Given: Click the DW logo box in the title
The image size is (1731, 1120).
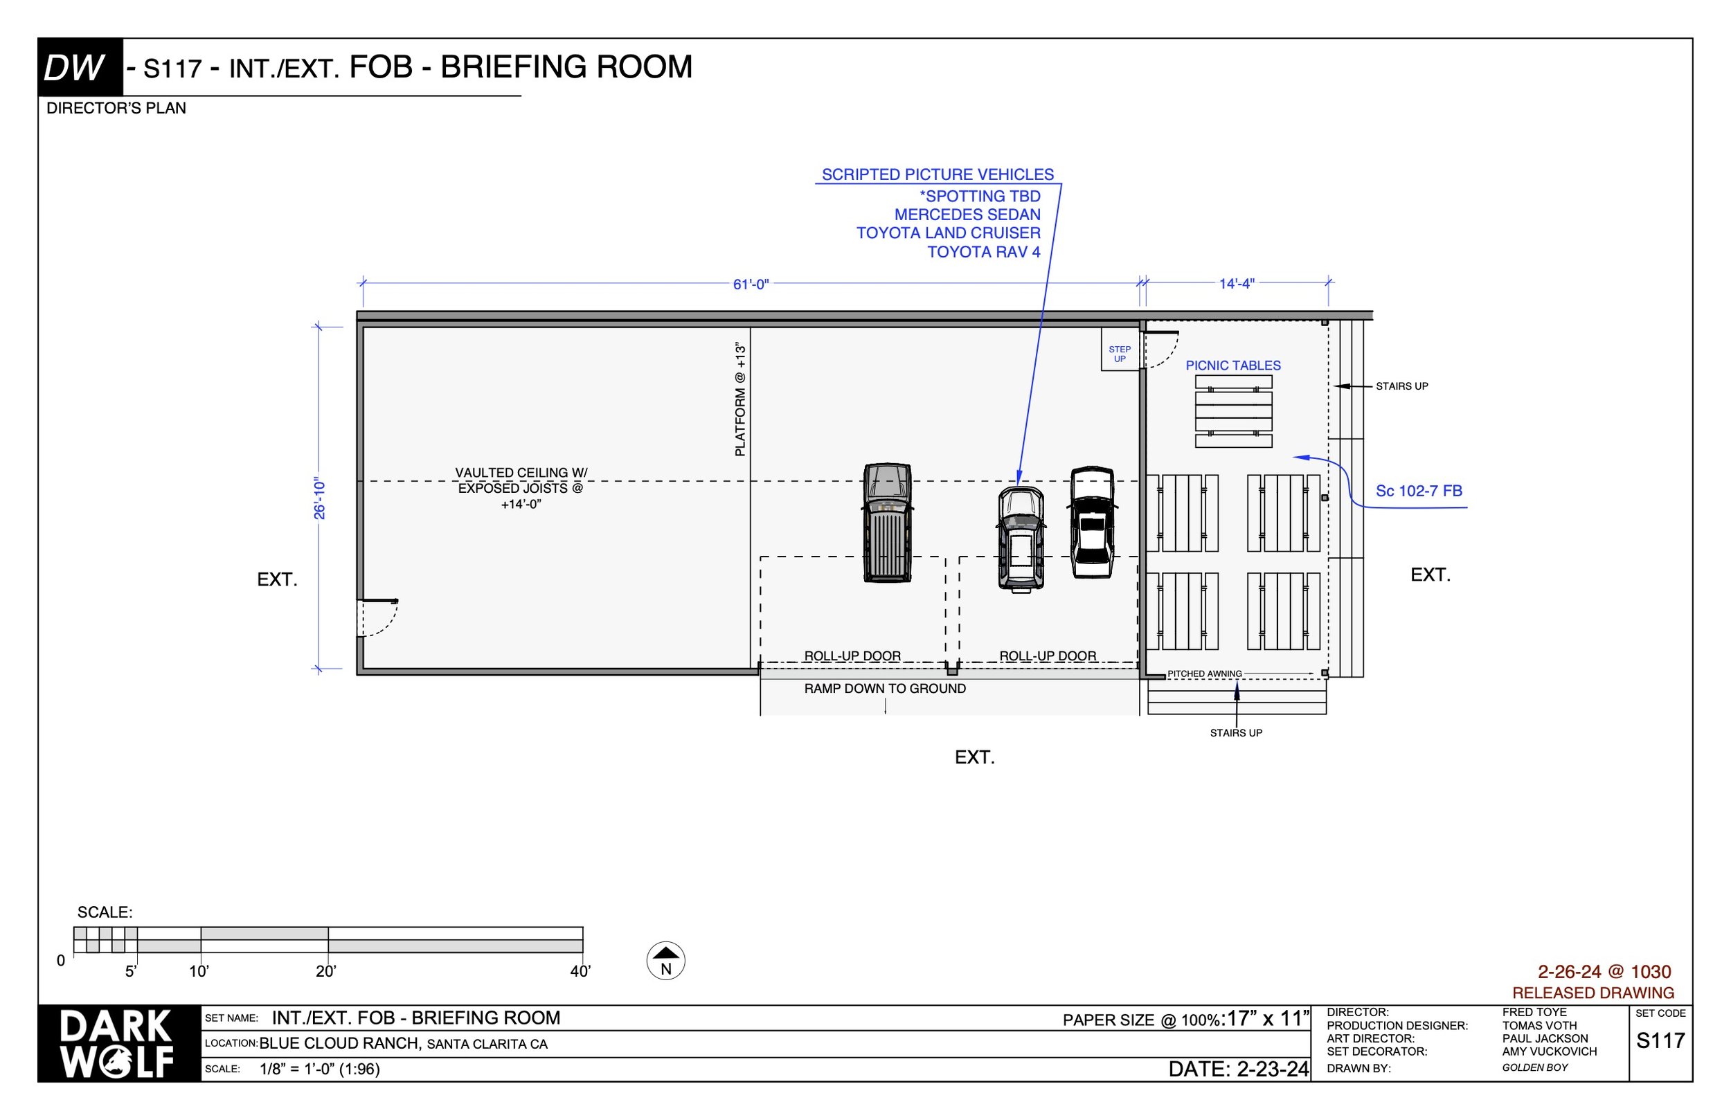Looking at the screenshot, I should [80, 68].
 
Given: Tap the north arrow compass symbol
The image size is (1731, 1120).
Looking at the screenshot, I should [665, 961].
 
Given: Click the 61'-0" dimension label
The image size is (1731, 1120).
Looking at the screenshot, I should [751, 284].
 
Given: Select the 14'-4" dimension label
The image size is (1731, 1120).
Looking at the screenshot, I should [1237, 284].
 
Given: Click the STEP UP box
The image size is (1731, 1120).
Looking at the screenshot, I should [1120, 354].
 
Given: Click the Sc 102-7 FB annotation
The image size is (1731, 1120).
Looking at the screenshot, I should [1418, 491].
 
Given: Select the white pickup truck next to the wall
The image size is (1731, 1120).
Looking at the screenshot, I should [1092, 523].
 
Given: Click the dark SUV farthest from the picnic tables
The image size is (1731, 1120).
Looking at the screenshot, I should [888, 523].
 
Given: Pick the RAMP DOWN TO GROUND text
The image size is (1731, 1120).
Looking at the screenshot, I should [884, 689].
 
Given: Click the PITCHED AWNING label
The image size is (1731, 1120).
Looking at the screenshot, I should [1204, 674].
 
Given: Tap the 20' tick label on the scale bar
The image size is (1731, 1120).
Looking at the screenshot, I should [325, 972].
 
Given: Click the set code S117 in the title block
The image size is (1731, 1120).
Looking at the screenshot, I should [1660, 1040].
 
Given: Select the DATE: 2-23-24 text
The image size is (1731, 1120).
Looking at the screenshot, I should [1238, 1069].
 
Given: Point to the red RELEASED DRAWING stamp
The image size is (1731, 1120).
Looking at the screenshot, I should [1593, 993].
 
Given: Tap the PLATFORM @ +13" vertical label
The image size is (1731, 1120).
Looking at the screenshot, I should [740, 400].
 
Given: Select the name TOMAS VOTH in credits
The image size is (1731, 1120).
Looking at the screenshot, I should [1539, 1025].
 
